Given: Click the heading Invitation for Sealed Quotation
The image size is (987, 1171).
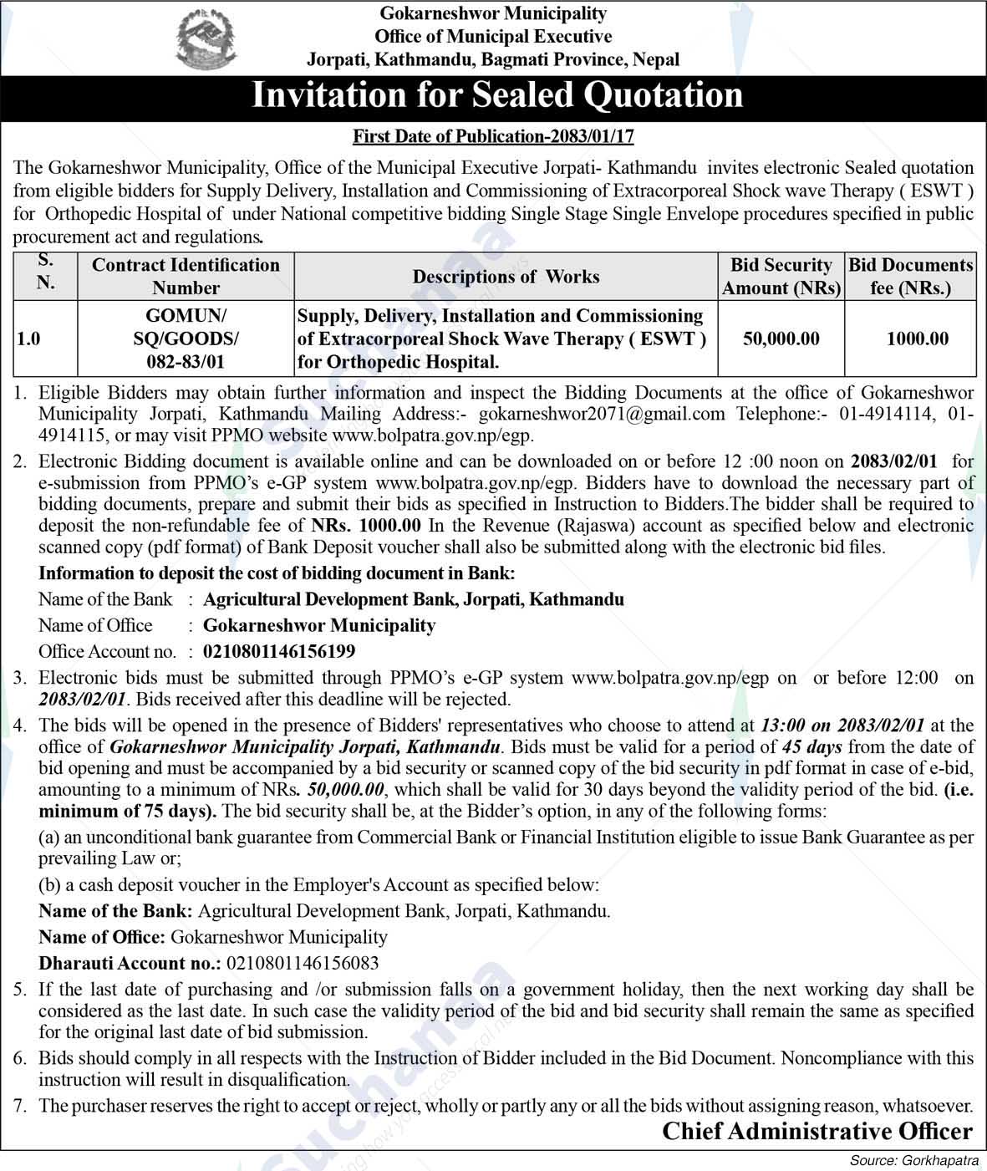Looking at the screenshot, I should coord(497,95).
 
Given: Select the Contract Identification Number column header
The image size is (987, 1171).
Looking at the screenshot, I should coord(186,277).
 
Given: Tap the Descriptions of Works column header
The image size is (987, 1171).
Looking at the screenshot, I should coord(506,277).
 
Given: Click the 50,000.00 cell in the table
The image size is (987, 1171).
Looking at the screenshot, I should coord(781,339).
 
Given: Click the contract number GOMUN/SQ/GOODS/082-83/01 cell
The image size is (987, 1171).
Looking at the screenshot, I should coord(186,339).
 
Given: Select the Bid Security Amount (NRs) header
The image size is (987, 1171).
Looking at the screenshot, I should coord(781,277).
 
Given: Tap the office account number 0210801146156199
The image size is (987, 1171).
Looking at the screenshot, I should coord(279,651).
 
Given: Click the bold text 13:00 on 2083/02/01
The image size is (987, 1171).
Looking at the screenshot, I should coord(842,726).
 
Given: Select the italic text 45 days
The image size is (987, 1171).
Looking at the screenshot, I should coord(811,746).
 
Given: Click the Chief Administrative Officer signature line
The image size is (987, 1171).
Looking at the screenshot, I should coord(817,1131).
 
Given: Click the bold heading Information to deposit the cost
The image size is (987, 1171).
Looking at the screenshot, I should coord(277,573).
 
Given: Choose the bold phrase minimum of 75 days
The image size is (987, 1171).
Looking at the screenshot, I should coord(127,811).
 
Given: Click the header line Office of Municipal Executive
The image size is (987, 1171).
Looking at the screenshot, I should coord(493,37).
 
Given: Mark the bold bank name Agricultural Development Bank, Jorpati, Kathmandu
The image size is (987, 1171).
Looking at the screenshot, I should coord(414,599).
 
